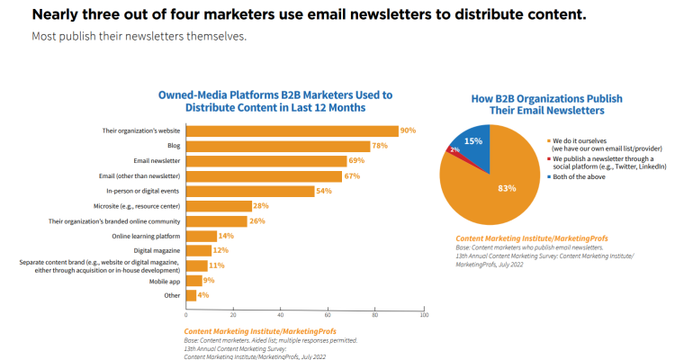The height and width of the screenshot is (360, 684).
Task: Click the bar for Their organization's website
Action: click(x=292, y=130)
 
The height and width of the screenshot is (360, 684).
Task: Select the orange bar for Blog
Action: click(x=277, y=146)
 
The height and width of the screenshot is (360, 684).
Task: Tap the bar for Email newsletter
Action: click(x=266, y=161)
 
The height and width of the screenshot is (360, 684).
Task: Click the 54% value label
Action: click(x=323, y=191)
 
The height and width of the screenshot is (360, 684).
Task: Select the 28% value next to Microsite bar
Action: click(x=261, y=206)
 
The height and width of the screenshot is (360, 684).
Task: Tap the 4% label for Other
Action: click(x=203, y=295)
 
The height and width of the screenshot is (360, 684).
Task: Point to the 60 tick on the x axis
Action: click(x=328, y=315)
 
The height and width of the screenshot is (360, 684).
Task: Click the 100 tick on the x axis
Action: click(x=424, y=315)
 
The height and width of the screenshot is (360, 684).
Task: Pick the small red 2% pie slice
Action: click(x=454, y=149)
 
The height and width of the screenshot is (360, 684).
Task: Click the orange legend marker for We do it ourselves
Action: click(x=549, y=140)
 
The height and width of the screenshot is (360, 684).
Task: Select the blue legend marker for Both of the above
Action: click(x=549, y=176)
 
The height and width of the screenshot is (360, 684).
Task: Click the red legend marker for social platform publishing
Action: click(x=549, y=158)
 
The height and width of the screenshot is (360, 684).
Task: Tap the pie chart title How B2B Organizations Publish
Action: click(x=546, y=98)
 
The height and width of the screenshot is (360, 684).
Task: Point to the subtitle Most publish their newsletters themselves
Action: click(x=139, y=37)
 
